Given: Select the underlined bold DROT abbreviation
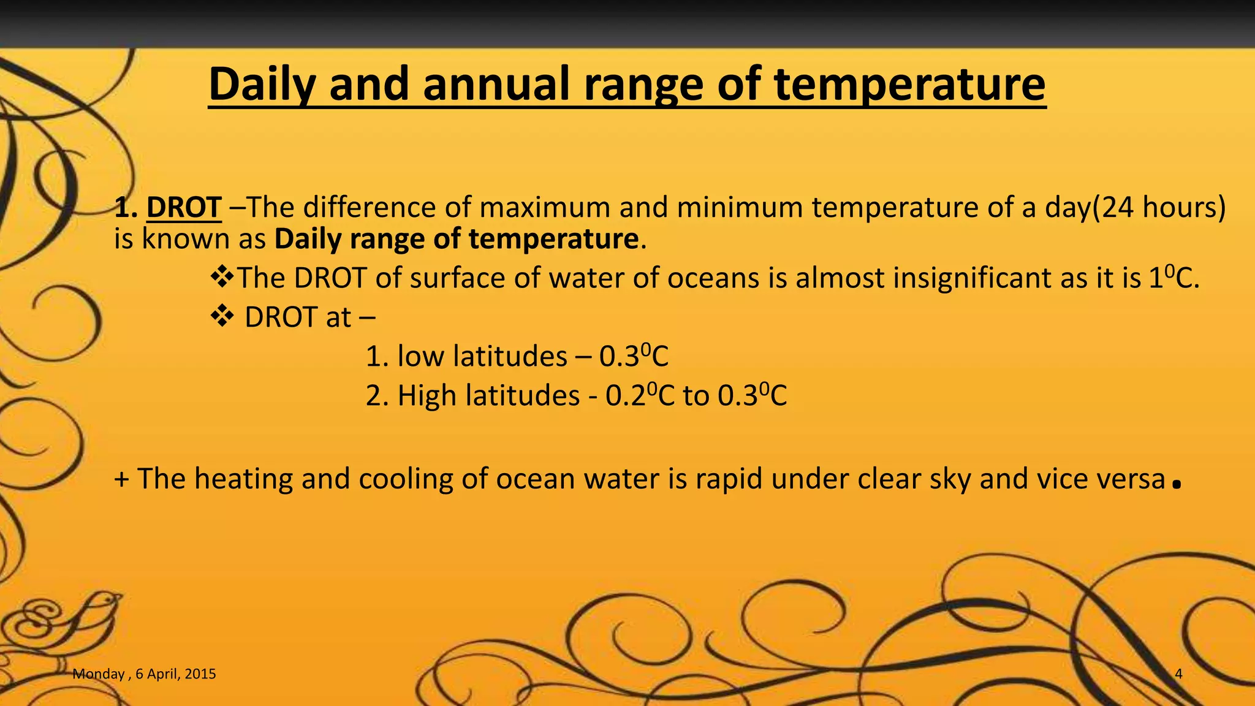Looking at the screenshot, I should (x=184, y=207).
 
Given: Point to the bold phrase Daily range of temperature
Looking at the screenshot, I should (x=457, y=238).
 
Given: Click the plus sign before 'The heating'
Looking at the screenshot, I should (x=121, y=479).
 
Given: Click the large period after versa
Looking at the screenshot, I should (x=1175, y=486).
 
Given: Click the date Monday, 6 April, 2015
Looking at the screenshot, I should (x=144, y=674).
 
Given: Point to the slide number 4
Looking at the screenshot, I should (x=1178, y=674).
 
